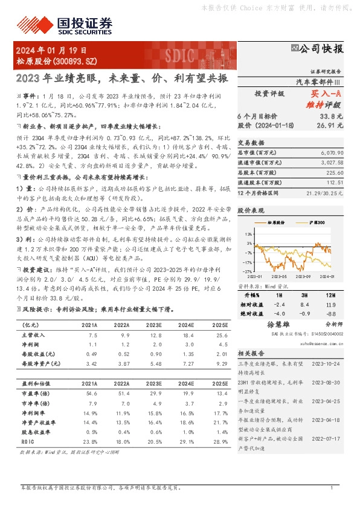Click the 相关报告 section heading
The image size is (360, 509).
249,352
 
